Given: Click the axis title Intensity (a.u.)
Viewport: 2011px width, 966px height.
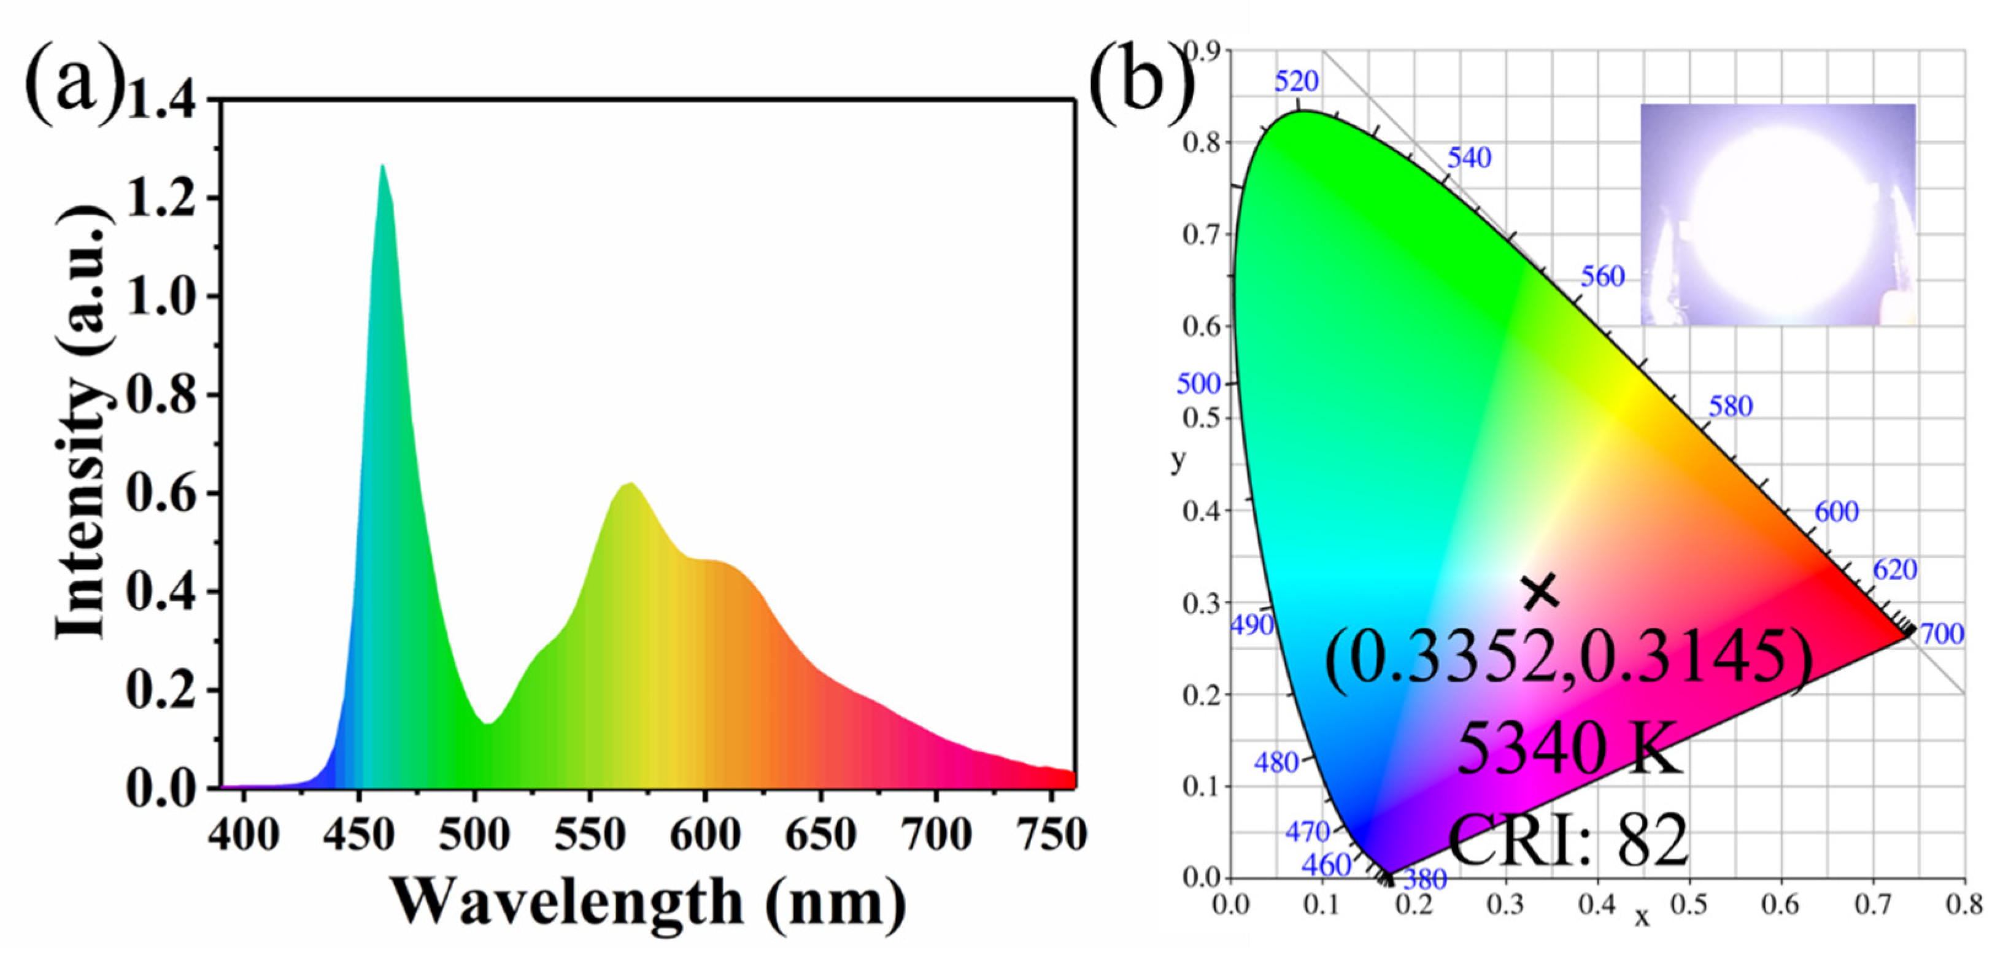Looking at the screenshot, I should [82, 422].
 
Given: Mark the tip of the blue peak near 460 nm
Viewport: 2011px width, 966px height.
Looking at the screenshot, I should [382, 166].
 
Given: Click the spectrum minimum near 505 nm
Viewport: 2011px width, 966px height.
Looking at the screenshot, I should [487, 723].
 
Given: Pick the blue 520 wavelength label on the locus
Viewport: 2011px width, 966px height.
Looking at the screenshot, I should [1297, 81].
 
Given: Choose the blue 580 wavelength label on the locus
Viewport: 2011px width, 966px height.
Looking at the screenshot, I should [1731, 406].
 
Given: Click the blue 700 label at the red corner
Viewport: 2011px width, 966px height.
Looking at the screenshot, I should [1942, 634].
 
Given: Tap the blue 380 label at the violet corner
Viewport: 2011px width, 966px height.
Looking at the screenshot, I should [1426, 880].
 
